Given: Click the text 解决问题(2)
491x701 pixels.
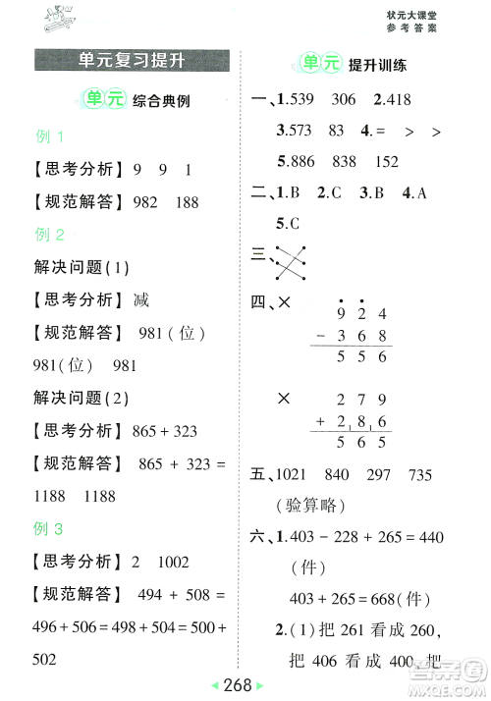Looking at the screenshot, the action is (82, 398).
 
